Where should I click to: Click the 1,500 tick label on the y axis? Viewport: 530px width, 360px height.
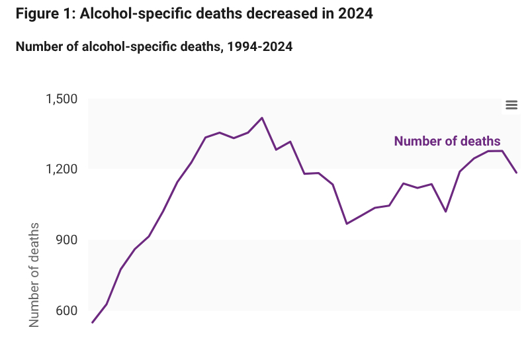click(62, 99)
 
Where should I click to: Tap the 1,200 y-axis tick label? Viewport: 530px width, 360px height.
click(62, 169)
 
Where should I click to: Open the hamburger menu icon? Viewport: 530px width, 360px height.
click(511, 105)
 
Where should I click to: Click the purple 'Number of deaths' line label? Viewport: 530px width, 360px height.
click(447, 141)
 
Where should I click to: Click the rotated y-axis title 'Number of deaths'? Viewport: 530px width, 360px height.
click(34, 275)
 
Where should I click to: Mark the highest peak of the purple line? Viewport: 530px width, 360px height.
click(263, 118)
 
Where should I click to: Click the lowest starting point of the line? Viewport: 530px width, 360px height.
click(93, 322)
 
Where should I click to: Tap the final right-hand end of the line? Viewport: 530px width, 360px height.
click(516, 173)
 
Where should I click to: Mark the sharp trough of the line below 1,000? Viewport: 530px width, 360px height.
click(347, 224)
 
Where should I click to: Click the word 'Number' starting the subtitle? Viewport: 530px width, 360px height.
click(39, 47)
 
